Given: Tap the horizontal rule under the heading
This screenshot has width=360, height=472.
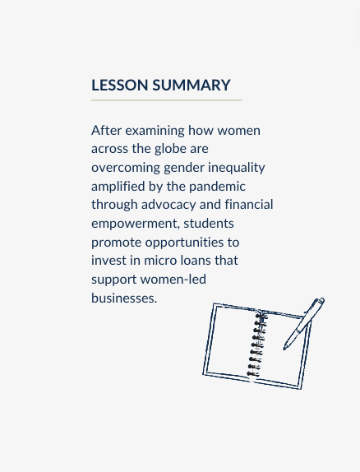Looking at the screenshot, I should pos(167,100).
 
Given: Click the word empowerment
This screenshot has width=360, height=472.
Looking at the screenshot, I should pos(135,224).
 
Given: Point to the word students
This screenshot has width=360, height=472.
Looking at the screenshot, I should pos(209,224).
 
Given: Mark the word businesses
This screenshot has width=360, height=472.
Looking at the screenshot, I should pos(123,298).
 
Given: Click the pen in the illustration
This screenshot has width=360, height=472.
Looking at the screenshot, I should pos(303,323).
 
